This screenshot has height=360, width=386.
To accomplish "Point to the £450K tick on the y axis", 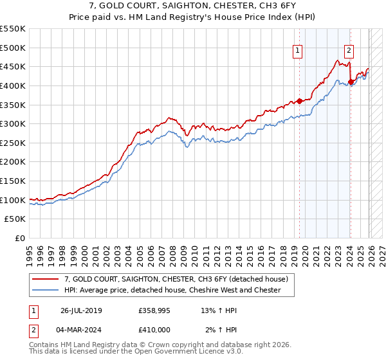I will point(14,66).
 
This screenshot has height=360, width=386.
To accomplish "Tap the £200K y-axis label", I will point(14,162).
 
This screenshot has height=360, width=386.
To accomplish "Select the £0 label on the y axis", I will point(21,238).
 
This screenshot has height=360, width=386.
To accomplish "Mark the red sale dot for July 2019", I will point(300,101).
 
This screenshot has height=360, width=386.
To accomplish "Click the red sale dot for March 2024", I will point(351,82).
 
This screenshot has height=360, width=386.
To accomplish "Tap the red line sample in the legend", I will point(46,278).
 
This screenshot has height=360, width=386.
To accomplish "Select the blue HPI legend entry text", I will point(172,290).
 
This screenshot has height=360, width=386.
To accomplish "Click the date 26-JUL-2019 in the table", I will point(80,310).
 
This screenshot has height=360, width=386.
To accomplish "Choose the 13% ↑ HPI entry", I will point(219,310).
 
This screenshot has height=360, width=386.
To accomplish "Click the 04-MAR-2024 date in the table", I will point(81,330).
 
